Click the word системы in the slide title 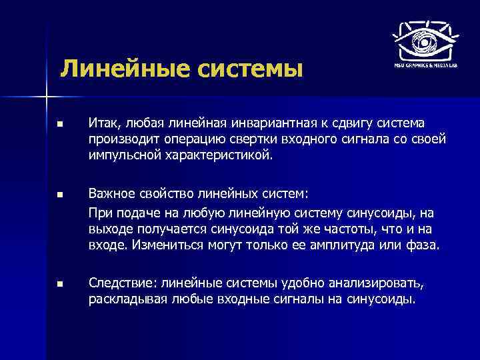(244, 69)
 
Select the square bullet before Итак (59, 124)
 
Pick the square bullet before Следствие (59, 284)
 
